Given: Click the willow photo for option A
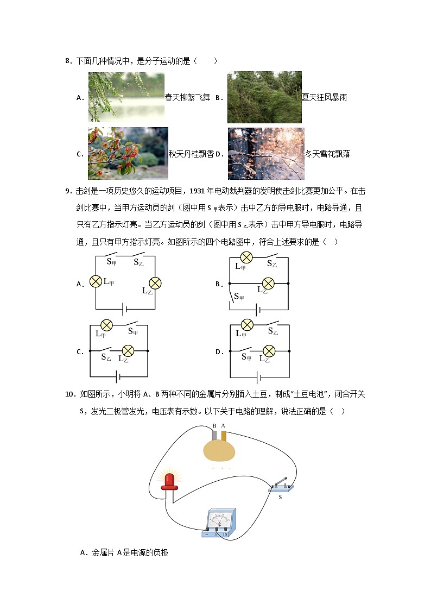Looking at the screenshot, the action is (x=126, y=97).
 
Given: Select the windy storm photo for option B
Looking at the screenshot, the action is (x=264, y=97).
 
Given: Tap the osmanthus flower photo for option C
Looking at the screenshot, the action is (x=128, y=153).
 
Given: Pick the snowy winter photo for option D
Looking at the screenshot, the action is (x=266, y=153).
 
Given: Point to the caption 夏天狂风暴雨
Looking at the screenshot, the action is (x=324, y=98).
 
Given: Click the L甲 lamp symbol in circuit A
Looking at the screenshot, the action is (x=96, y=281).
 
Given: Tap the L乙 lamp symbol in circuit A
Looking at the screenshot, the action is (x=156, y=283).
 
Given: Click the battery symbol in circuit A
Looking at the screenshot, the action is (x=125, y=309).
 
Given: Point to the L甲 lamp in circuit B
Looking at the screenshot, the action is (x=246, y=257).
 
